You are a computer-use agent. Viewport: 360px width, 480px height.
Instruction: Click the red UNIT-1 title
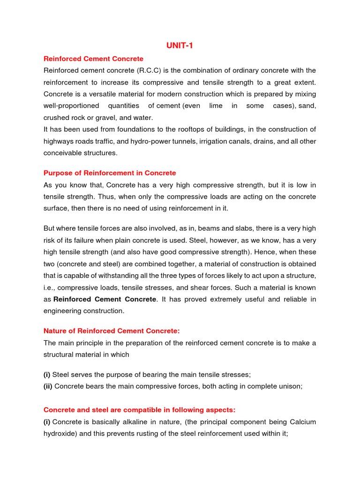point(180,45)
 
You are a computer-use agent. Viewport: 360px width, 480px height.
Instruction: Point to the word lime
point(216,106)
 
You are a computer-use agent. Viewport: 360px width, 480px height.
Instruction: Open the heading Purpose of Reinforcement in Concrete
point(110,173)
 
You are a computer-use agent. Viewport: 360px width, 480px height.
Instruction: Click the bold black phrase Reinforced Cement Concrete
point(105,299)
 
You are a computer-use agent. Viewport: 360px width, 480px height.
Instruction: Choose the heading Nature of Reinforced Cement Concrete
point(112,331)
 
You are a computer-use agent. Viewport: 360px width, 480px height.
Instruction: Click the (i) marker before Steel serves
point(47,375)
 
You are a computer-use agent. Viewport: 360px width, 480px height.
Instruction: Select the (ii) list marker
point(48,386)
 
